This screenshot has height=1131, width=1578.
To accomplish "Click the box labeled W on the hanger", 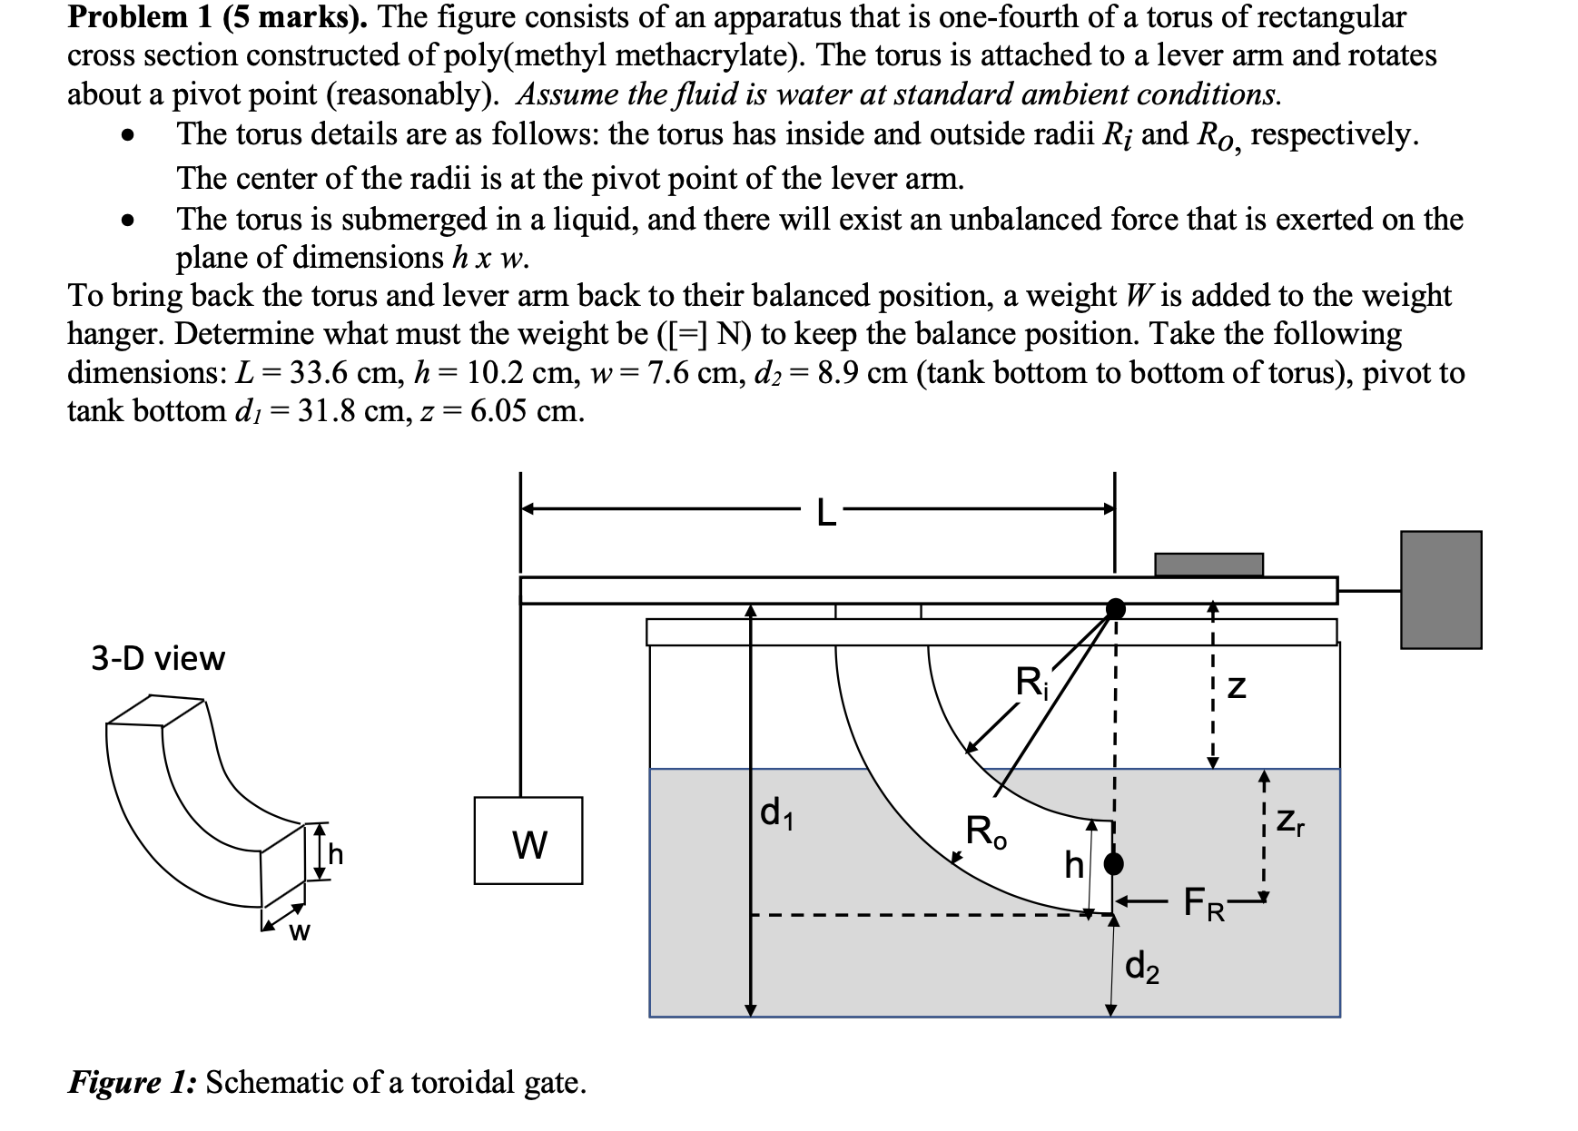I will tap(528, 841).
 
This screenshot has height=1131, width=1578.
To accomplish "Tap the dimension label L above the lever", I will tap(824, 514).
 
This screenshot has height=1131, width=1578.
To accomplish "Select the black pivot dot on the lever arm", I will tap(1116, 607).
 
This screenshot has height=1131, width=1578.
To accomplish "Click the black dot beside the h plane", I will tap(1113, 862).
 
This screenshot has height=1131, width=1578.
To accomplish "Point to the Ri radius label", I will tap(1031, 681).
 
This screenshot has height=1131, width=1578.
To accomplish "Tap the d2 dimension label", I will tap(1141, 967).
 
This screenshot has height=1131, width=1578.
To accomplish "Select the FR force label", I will tap(1204, 905).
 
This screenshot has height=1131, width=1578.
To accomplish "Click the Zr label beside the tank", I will tap(1290, 822).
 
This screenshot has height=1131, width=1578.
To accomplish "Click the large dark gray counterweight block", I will tap(1441, 590).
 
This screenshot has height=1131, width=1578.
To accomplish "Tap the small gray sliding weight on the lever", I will tap(1208, 565).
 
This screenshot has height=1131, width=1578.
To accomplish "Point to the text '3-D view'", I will tap(158, 658).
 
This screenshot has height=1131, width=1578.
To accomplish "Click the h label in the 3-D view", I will tap(336, 854).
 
